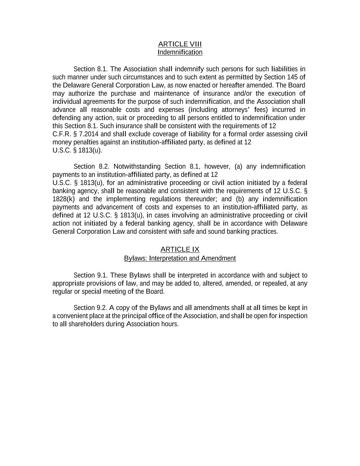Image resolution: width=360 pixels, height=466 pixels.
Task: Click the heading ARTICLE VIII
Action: [x=180, y=44]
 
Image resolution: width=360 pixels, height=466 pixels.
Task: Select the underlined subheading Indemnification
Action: [x=180, y=52]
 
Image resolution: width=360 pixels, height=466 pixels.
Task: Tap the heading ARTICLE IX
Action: [x=180, y=249]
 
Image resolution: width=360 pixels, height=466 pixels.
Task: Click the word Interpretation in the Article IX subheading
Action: [x=168, y=258]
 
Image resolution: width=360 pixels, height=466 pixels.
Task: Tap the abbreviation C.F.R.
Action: [x=62, y=134]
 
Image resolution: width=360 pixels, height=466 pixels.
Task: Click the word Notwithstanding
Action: [x=137, y=167]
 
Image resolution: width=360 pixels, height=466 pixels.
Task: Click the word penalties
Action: [x=78, y=142]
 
